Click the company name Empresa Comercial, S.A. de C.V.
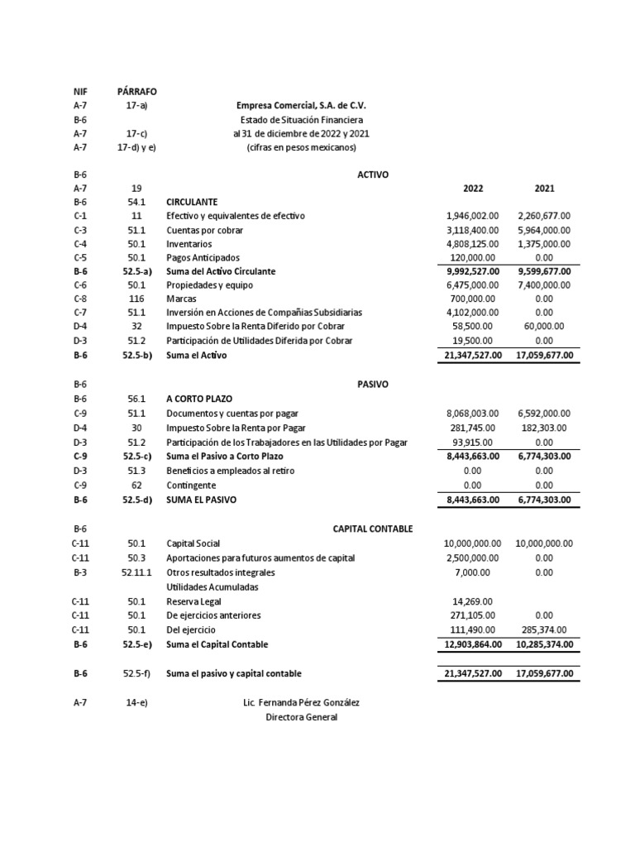(x=301, y=106)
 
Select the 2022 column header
(x=473, y=188)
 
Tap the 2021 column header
(x=544, y=188)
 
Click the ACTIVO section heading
(x=372, y=175)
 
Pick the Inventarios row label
(x=189, y=244)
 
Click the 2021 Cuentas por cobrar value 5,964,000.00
(x=544, y=230)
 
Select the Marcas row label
(x=181, y=299)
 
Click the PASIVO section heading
(x=372, y=385)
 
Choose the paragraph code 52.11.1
(x=136, y=572)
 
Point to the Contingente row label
(x=191, y=486)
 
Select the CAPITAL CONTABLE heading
(x=372, y=529)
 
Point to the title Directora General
(x=301, y=717)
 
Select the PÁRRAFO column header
(x=136, y=91)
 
